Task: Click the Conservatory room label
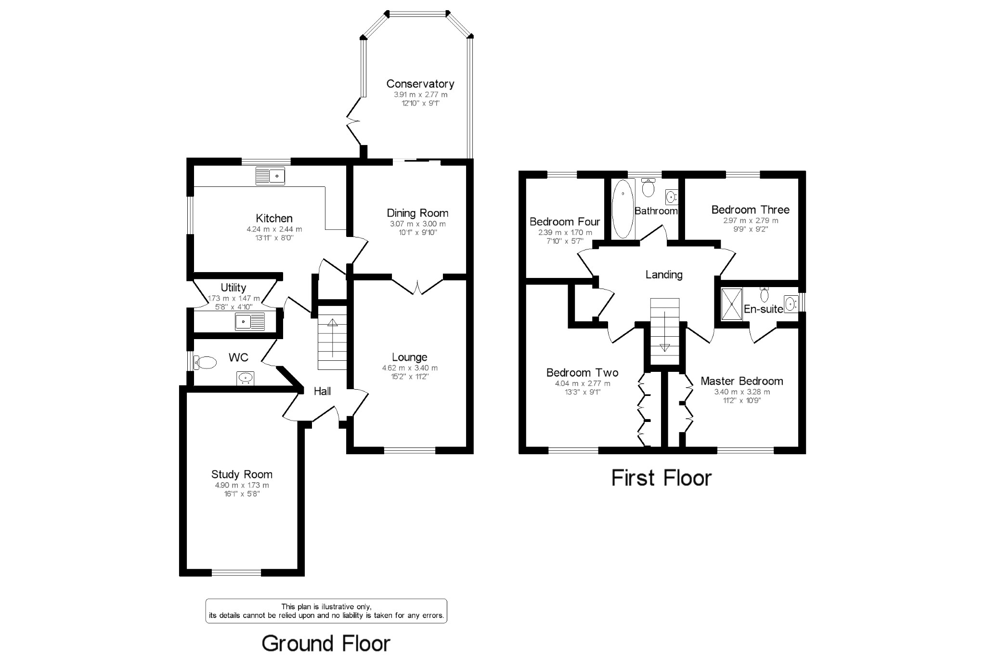point(420,84)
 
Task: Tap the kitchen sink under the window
point(270,176)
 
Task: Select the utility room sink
point(250,321)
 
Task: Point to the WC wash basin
point(246,378)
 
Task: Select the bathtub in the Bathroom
point(623,209)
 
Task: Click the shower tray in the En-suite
point(732,304)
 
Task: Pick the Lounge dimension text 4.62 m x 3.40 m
point(410,368)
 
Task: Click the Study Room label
point(242,474)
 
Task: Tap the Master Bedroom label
point(741,381)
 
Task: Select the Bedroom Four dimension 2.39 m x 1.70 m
point(565,233)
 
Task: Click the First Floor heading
point(661,478)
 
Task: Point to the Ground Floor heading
point(326,644)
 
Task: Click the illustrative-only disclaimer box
point(326,611)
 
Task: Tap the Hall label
point(322,391)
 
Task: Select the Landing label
point(663,275)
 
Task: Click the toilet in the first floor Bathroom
point(649,188)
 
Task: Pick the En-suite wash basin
point(790,304)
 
